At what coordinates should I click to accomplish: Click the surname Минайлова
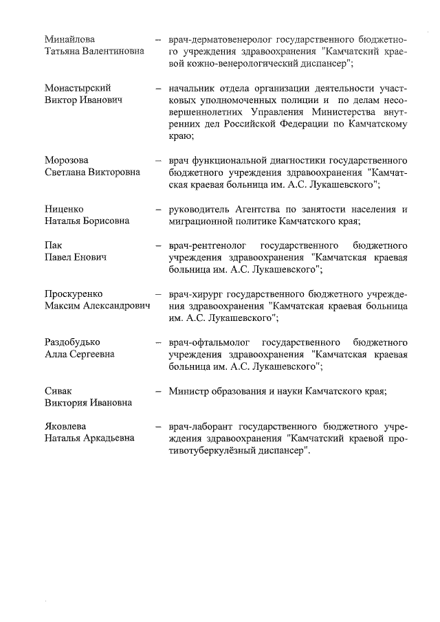pyautogui.click(x=70, y=39)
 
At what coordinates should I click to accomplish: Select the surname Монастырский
pyautogui.click(x=78, y=89)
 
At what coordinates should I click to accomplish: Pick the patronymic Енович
pyautogui.click(x=91, y=258)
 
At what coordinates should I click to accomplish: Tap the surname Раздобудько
pyautogui.click(x=73, y=342)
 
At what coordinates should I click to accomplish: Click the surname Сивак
pyautogui.click(x=58, y=390)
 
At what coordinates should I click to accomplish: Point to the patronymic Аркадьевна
pyautogui.click(x=109, y=438)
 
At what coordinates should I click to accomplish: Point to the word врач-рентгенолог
pyautogui.click(x=204, y=245)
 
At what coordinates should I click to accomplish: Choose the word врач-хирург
pyautogui.click(x=192, y=293)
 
